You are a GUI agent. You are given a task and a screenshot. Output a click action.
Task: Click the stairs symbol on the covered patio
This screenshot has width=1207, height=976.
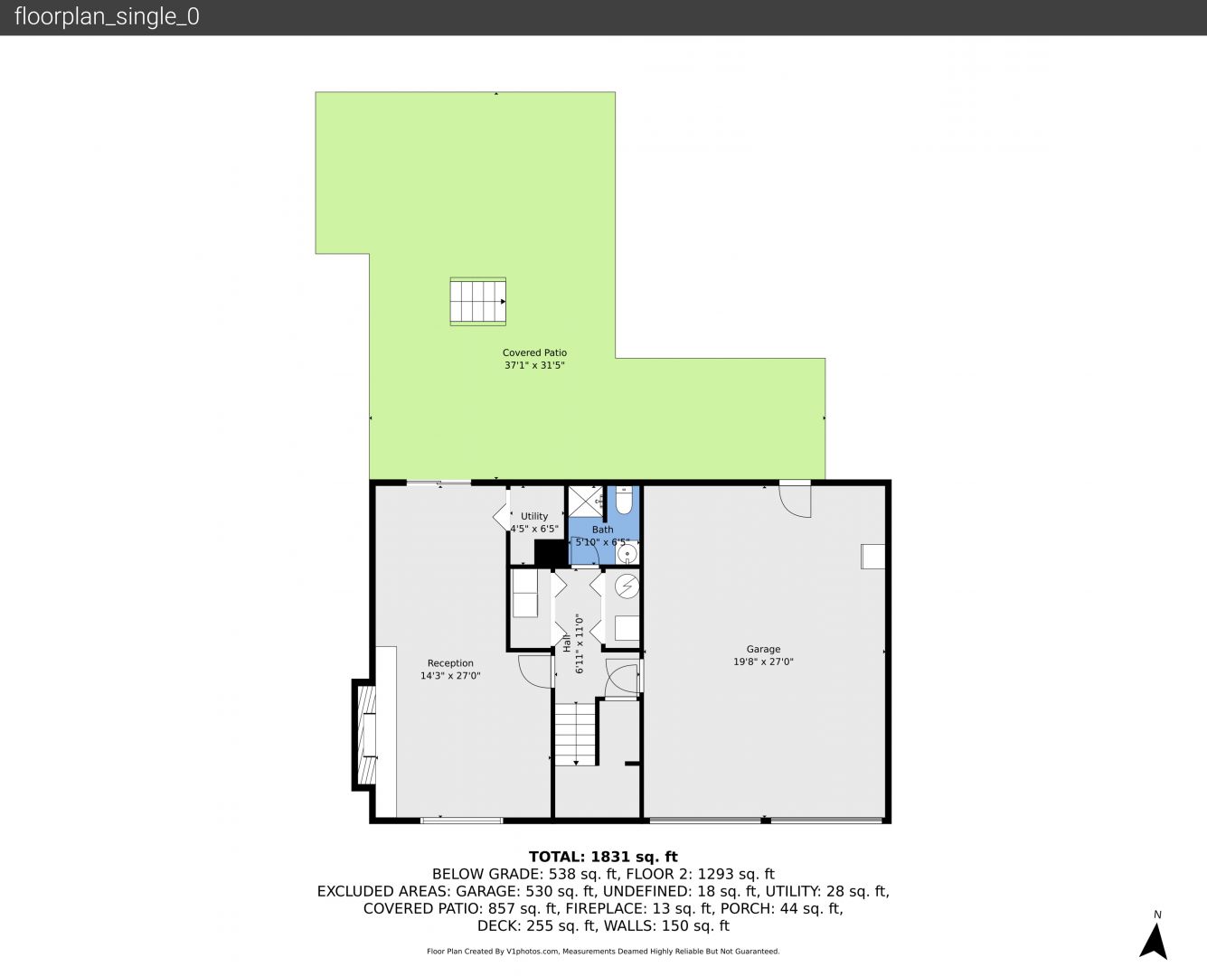[477, 301]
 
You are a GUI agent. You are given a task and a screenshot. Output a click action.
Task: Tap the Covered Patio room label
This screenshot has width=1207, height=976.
[534, 352]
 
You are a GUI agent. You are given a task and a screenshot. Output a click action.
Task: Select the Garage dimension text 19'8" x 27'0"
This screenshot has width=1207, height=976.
[763, 662]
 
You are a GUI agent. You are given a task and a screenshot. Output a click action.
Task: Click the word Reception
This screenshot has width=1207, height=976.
[450, 662]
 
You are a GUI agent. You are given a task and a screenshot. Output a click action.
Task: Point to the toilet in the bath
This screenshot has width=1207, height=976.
[623, 500]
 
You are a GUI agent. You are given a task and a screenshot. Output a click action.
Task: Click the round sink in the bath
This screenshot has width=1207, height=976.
[627, 554]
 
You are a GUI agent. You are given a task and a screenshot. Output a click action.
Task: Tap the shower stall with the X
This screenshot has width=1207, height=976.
[585, 501]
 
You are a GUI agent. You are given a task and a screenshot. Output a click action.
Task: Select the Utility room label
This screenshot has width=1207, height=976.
[534, 516]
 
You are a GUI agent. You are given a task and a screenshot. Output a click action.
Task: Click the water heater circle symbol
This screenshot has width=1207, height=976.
[627, 587]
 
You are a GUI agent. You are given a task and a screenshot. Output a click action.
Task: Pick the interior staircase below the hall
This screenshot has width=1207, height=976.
[576, 734]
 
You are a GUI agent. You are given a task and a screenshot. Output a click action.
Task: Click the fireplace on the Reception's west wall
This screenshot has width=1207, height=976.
[365, 734]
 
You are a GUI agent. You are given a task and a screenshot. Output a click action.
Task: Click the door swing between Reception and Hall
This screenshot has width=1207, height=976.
[534, 671]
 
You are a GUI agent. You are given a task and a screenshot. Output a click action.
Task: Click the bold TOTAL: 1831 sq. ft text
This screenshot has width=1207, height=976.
[603, 857]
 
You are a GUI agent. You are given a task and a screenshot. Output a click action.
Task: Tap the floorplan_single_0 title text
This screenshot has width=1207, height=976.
[107, 16]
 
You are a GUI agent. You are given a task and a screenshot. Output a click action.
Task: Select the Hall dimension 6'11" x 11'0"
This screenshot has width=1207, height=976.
[580, 643]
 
